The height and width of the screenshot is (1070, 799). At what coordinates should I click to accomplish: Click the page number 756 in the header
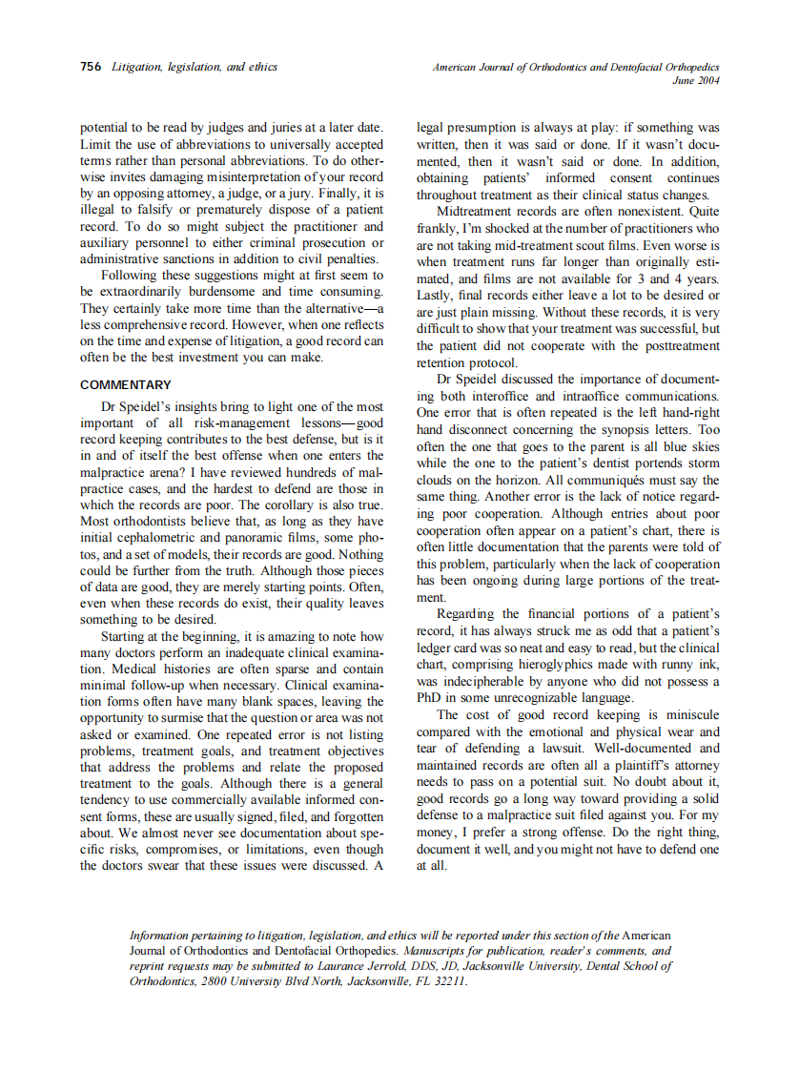pyautogui.click(x=91, y=67)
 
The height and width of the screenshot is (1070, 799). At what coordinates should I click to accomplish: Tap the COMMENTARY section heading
pyautogui.click(x=126, y=385)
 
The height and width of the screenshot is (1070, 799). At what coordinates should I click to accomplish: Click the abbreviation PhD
pyautogui.click(x=431, y=698)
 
